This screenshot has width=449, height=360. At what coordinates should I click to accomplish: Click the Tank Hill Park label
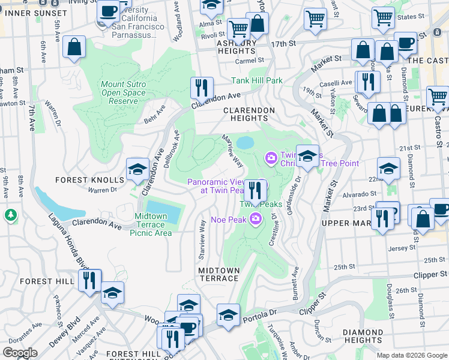pyautogui.click(x=258, y=80)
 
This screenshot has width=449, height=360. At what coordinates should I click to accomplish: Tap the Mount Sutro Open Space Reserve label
pyautogui.click(x=123, y=92)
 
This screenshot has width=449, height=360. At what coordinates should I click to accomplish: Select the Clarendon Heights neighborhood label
pyautogui.click(x=249, y=114)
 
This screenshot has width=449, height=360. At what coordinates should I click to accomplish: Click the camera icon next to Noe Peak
pyautogui.click(x=256, y=219)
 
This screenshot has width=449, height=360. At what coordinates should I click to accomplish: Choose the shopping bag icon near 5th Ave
pyautogui.click(x=74, y=48)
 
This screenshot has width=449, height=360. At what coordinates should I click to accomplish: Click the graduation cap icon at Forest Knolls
pyautogui.click(x=137, y=170)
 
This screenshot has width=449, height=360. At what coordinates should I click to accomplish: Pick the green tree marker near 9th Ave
pyautogui.click(x=10, y=214)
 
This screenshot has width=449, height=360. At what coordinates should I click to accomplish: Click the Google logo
pyautogui.click(x=20, y=353)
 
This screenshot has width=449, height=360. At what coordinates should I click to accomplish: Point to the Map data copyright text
pyautogui.click(x=412, y=355)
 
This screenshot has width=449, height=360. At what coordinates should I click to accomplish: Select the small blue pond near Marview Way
pyautogui.click(x=245, y=142)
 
